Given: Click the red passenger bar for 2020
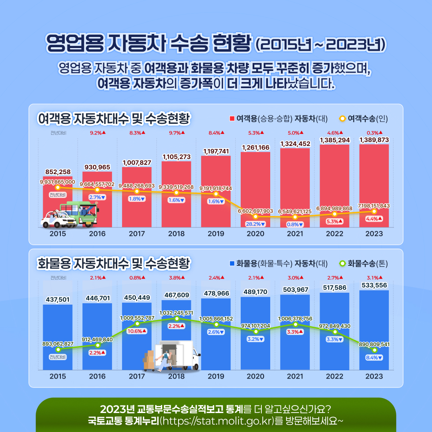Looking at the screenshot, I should click(x=255, y=181).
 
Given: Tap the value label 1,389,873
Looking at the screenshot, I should click(x=374, y=140).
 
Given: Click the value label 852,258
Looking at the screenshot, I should click(x=58, y=172).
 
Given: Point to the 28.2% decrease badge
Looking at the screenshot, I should click(x=255, y=224).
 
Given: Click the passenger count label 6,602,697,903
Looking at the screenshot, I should click(x=255, y=211).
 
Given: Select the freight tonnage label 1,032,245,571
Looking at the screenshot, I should click(x=176, y=313).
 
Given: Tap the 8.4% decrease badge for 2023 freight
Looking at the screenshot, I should click(x=374, y=357).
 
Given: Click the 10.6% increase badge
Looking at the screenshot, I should click(x=137, y=331).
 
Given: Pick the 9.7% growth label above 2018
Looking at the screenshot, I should click(x=176, y=132).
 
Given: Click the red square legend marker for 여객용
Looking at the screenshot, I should click(x=232, y=119).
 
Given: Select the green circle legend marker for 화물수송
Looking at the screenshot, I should click(x=342, y=264).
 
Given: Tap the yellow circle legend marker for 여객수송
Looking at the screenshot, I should click(x=342, y=119).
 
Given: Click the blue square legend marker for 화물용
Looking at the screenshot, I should click(x=232, y=264).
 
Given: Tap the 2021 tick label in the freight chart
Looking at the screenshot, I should click(x=295, y=376).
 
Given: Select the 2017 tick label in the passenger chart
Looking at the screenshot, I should click(x=137, y=234).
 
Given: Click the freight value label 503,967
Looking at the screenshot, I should click(x=295, y=290).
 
